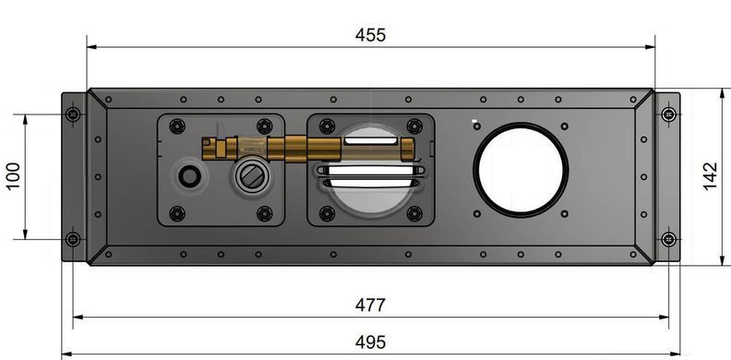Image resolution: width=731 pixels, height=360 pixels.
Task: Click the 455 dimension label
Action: [x=371, y=35]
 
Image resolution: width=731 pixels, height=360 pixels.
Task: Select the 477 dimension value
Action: [x=371, y=306]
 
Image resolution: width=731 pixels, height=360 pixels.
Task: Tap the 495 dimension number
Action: [x=371, y=342]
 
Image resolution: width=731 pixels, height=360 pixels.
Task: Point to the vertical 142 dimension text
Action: [x=710, y=176]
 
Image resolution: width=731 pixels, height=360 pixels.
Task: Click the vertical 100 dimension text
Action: [x=14, y=175]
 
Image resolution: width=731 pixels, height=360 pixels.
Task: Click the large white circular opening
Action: [x=521, y=170]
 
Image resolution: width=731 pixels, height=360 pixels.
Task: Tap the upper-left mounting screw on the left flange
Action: [x=73, y=114]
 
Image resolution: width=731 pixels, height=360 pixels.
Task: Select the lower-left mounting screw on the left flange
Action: [x=73, y=239]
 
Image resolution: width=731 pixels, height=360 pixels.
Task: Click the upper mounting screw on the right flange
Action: [x=668, y=114]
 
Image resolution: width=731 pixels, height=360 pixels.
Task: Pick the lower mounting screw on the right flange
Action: [x=668, y=239]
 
